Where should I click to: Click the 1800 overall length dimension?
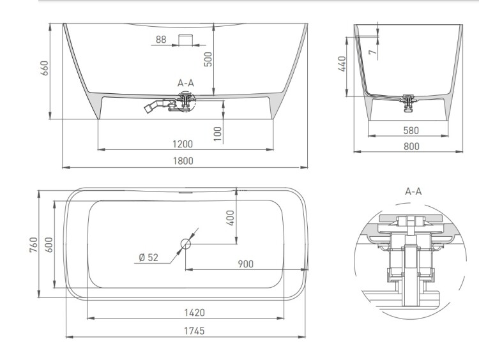(183, 161)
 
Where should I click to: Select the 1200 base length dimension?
(183, 144)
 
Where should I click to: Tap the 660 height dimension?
(45, 68)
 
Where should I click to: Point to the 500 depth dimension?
(208, 59)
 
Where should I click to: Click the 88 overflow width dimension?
(161, 40)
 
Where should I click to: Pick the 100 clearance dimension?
(218, 133)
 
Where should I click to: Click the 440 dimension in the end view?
(342, 64)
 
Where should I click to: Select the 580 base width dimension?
(411, 130)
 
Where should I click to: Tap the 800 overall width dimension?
(411, 146)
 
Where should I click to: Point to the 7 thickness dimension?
(372, 52)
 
